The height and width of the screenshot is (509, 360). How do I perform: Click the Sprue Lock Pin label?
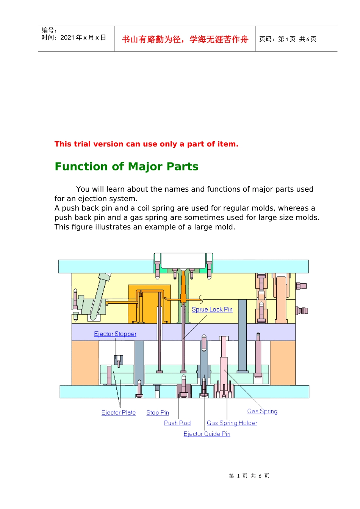212,309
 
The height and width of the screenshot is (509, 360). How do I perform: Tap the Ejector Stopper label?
115,334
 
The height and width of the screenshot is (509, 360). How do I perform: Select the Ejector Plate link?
119,412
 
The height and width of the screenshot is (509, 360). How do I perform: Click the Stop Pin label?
158,412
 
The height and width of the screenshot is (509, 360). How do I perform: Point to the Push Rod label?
177,423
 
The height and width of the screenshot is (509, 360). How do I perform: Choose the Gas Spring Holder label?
232,423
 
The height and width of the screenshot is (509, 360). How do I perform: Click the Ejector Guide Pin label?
207,434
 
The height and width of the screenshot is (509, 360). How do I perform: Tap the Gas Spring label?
262,411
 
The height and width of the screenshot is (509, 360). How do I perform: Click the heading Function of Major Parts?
127,166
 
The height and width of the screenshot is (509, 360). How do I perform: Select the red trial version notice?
146,144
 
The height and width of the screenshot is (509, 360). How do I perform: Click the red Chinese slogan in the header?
185,39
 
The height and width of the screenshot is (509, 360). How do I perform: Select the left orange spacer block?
85,363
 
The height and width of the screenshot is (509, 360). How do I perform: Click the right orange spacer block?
283,363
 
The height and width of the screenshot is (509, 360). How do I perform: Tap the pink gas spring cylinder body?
224,371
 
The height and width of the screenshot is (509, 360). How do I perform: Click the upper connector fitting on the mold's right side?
301,286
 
